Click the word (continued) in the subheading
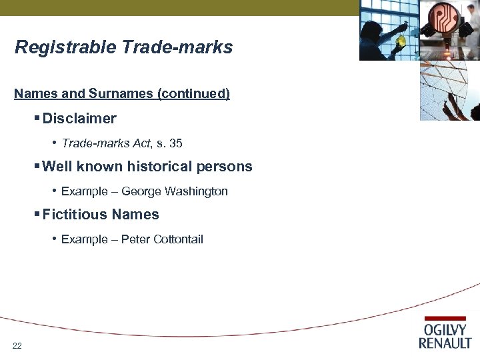click(193, 94)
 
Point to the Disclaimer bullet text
click(79, 119)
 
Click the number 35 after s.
click(176, 143)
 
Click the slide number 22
click(17, 345)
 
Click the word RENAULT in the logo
click(445, 343)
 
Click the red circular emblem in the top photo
click(443, 20)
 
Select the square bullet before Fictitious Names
click(37, 215)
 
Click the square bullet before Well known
click(37, 167)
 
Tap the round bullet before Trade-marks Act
click(55, 143)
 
